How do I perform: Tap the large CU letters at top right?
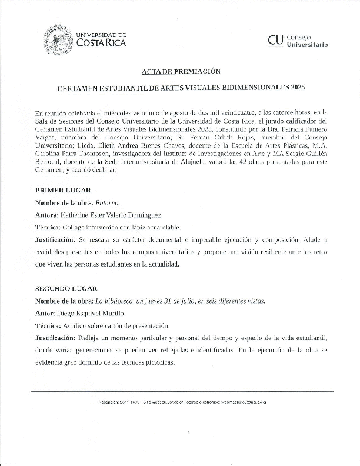tap(275, 40)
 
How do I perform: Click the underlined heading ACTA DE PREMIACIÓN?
tap(181, 71)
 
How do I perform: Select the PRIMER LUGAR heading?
tap(59, 190)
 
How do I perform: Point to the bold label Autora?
tap(48, 215)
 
